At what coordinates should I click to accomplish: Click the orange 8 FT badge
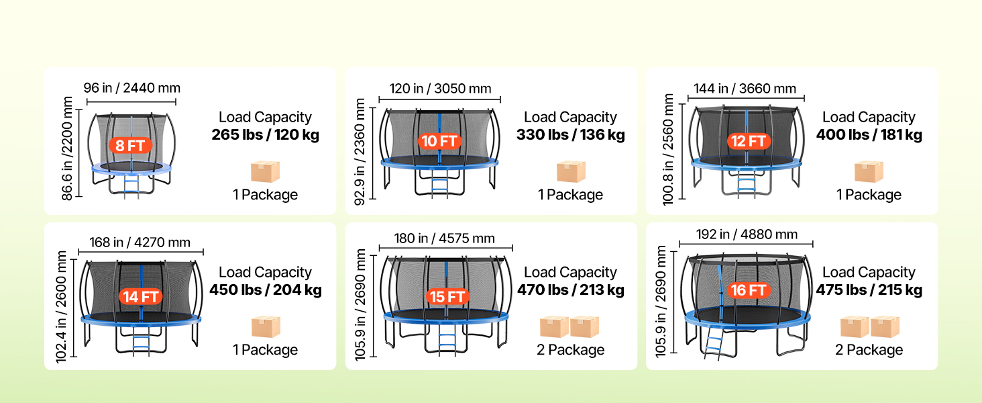pos(130,145)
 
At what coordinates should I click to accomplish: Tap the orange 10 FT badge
pos(439,141)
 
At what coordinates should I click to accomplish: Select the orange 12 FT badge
pos(749,141)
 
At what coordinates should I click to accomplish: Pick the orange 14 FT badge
pos(140,297)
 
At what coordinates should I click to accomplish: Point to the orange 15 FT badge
pos(447,297)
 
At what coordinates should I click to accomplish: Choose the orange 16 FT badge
pos(749,290)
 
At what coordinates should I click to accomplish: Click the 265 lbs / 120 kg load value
pos(265,134)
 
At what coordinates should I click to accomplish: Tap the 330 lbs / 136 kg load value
pos(570,134)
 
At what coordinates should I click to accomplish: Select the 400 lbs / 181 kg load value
pos(869,134)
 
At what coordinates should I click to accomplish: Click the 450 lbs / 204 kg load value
pos(265,289)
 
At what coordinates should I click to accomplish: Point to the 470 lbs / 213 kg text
pos(570,289)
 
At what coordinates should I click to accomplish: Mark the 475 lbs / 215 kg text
pos(869,289)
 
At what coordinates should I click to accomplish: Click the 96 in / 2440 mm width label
pos(132,88)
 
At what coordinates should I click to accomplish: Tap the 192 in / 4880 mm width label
pos(747,234)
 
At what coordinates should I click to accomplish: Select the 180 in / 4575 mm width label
pos(444,238)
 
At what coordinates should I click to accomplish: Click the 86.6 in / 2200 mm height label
pos(67,148)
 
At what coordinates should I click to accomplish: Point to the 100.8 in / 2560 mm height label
pos(667,149)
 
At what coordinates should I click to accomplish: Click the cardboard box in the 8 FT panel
pos(265,171)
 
